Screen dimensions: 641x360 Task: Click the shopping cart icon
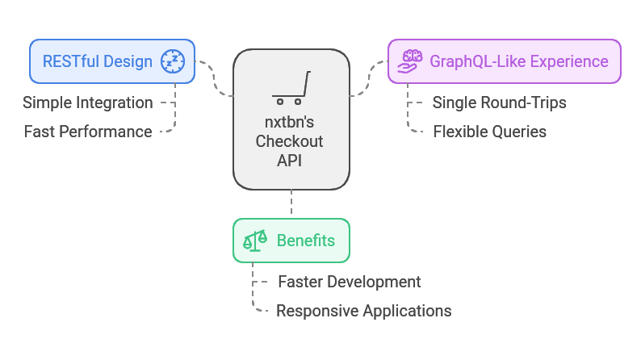point(291,88)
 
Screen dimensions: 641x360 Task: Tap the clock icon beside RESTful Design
point(173,61)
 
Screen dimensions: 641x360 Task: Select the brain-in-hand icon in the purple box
point(410,61)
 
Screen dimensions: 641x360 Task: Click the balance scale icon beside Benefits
point(255,241)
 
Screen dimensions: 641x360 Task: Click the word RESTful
point(68,61)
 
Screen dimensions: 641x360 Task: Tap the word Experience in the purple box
point(569,61)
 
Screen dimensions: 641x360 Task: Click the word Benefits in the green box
point(306,241)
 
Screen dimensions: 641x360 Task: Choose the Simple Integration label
point(88,103)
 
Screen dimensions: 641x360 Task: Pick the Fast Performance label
point(88,132)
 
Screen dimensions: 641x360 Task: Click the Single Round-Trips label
point(499,103)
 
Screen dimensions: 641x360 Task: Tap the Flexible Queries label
point(490,132)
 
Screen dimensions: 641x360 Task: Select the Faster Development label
point(350,282)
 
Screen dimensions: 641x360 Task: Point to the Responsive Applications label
point(364,311)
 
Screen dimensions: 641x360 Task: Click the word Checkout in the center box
point(290,141)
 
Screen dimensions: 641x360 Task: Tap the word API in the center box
point(290,161)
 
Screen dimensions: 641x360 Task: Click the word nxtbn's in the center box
point(290,122)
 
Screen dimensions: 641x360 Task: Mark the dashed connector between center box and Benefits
point(291,202)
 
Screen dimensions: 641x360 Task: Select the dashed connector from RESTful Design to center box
point(214,77)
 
